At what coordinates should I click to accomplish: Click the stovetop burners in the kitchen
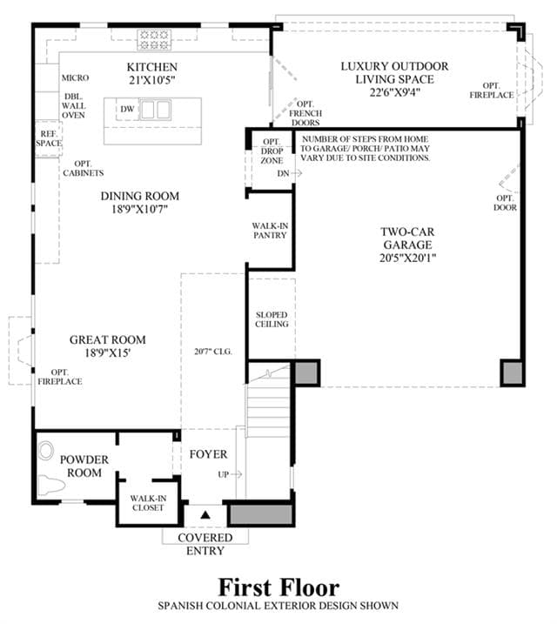coord(154,40)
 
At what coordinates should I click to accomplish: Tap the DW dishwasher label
coord(127,109)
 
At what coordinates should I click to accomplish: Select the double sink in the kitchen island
coord(156,110)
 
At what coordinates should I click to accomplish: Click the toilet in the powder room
coord(52,485)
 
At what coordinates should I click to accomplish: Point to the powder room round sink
coord(46,451)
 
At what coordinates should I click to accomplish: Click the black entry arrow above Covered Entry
coord(205,515)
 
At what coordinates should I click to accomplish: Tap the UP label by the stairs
coord(223,474)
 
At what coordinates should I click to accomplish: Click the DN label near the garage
coord(283,173)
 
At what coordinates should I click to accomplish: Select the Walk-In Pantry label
coord(270,231)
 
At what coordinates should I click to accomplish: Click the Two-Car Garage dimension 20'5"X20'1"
coord(408,258)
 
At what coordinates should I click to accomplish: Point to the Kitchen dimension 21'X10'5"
coord(152,80)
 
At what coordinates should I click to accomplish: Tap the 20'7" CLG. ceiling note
coord(213,352)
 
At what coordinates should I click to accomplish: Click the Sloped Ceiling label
coord(272,319)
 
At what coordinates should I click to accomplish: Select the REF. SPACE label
coord(49,138)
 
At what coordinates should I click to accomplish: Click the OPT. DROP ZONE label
coord(272,151)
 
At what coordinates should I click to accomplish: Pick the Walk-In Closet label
coord(148,503)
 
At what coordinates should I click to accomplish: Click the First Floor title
coord(278,587)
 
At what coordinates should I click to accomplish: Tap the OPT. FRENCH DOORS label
coord(305,113)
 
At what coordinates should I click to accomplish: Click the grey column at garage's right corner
coord(513,372)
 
